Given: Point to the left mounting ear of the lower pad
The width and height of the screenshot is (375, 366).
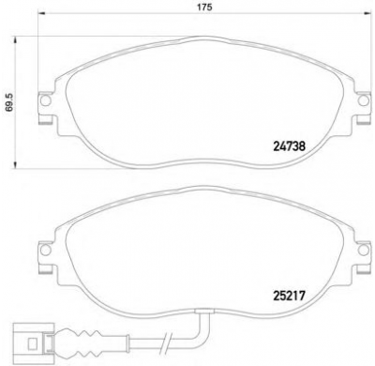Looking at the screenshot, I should (x=43, y=249).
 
